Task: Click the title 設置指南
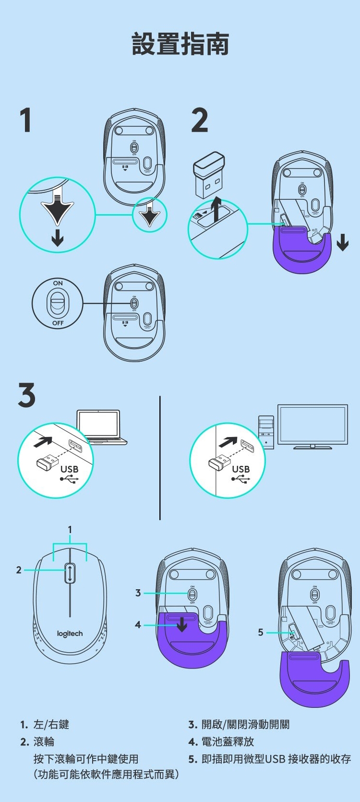coord(180,44)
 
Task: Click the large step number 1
coord(26,120)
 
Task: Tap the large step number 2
coord(200,120)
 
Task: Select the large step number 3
coord(27,395)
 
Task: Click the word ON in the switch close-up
coord(58,283)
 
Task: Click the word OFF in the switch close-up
coord(58,323)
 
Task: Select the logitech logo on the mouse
coord(70,634)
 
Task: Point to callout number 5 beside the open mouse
coord(261,632)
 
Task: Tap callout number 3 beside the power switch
coord(138,593)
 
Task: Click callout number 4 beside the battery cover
coord(138,625)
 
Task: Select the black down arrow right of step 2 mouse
coord(343,242)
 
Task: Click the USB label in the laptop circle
coord(69,469)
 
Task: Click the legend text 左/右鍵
coord(51,725)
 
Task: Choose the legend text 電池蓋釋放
coord(228,742)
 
